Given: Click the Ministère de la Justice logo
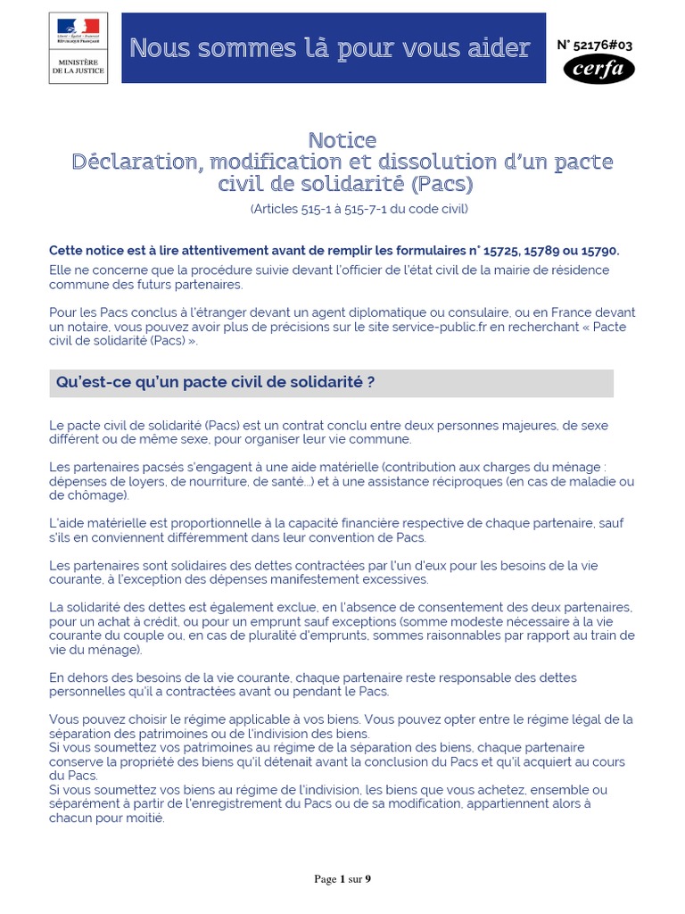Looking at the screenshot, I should tap(78, 49).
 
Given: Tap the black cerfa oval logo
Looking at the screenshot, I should tap(599, 69).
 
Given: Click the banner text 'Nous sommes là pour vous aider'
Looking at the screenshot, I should tap(330, 48).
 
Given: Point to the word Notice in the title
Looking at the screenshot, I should tap(342, 140).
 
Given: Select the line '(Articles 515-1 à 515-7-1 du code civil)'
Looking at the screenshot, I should tap(359, 209).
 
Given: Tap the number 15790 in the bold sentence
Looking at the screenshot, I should tap(599, 251).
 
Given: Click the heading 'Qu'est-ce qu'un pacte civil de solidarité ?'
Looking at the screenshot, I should tap(215, 382).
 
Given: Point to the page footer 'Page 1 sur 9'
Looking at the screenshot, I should tap(342, 879).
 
